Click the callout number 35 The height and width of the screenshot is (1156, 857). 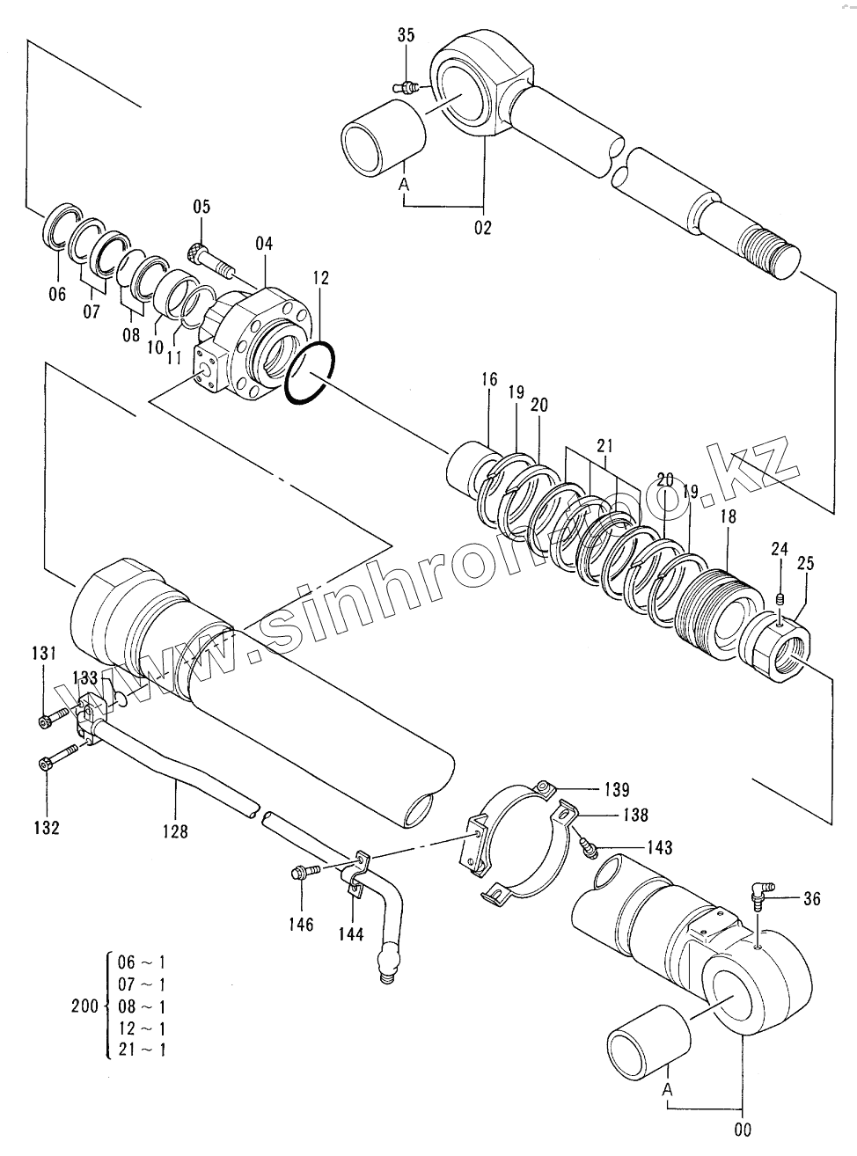[406, 35]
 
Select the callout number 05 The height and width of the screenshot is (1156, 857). [201, 207]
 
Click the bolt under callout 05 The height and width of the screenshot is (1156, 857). [212, 260]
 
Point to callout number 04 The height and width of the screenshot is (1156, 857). [265, 242]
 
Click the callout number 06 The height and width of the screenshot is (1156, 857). [57, 295]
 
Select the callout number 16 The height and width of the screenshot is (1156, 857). [489, 380]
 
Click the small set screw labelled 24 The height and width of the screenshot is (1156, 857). [780, 600]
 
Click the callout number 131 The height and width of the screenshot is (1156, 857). [44, 653]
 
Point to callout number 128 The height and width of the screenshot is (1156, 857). [176, 830]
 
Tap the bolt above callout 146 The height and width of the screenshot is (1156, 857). [303, 872]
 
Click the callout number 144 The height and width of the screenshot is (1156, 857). [350, 933]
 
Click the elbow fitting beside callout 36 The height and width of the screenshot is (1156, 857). [758, 895]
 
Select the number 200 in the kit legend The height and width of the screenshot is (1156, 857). [84, 1006]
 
